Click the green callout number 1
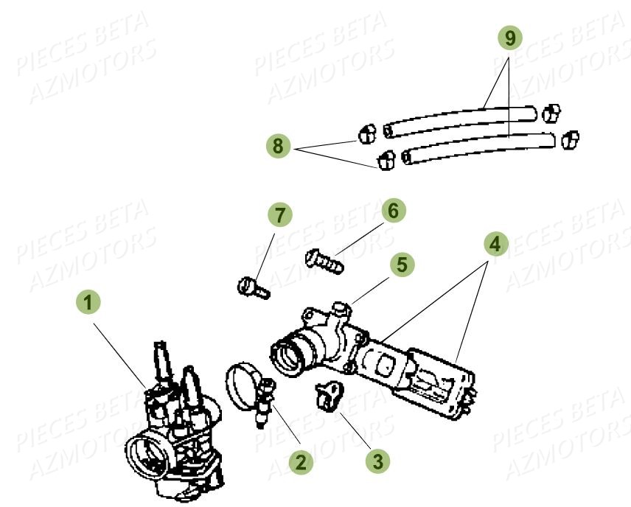coord(88,302)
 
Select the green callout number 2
coord(300,462)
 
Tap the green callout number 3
coord(377,461)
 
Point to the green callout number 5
coord(402,265)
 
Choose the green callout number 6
coord(392,211)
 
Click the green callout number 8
coord(278,146)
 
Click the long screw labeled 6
coord(324,260)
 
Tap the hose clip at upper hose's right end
coord(548,113)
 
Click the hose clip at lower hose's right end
coord(569,139)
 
